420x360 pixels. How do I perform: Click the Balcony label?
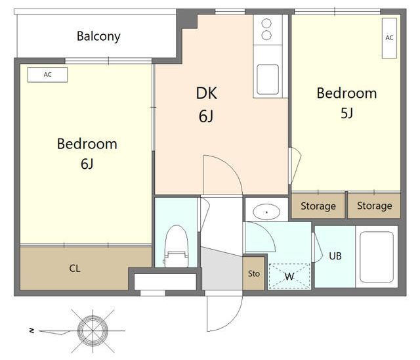98,36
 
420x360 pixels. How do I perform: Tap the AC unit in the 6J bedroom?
47,74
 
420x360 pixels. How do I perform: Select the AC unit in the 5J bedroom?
389,38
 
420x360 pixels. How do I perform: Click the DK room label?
206,93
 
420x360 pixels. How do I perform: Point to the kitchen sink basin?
268,79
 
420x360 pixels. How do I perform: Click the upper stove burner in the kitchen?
266,23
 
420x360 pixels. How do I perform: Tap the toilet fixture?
176,246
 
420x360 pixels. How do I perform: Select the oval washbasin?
266,212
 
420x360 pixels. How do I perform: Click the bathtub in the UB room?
377,257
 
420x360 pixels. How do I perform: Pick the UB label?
335,256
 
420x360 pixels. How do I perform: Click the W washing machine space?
289,276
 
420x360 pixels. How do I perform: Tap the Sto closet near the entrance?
254,273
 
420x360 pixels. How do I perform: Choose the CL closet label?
74,268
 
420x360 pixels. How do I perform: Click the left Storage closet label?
318,206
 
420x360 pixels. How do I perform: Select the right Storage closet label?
375,206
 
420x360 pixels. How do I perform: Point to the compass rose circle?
93,331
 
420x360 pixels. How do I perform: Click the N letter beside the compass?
32,331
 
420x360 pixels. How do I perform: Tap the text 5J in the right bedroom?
346,113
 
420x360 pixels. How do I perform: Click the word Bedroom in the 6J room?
87,144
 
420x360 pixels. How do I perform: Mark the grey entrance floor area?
222,269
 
